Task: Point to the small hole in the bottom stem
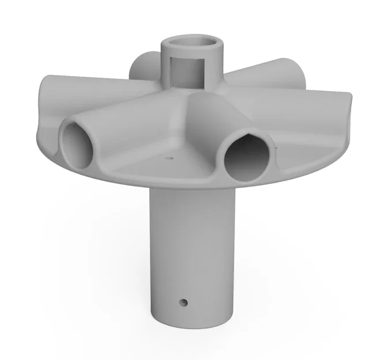pos(183,301)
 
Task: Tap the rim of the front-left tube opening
pos(62,138)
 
